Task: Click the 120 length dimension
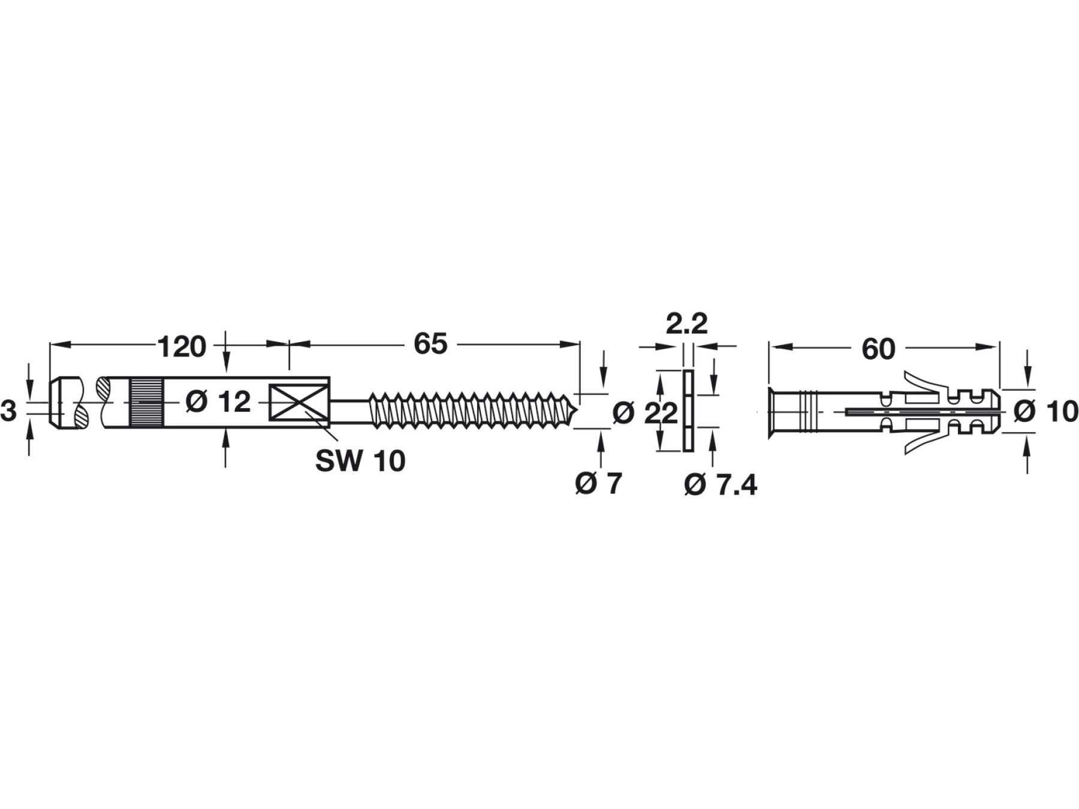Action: [182, 347]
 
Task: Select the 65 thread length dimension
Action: [430, 344]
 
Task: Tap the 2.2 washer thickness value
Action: [687, 324]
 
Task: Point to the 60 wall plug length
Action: [878, 349]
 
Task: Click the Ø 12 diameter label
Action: [218, 402]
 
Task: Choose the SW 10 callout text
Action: [360, 461]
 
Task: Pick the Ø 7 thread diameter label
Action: [599, 483]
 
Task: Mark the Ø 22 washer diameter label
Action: [646, 413]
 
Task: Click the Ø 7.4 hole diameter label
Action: [721, 485]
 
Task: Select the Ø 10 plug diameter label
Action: [1046, 412]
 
